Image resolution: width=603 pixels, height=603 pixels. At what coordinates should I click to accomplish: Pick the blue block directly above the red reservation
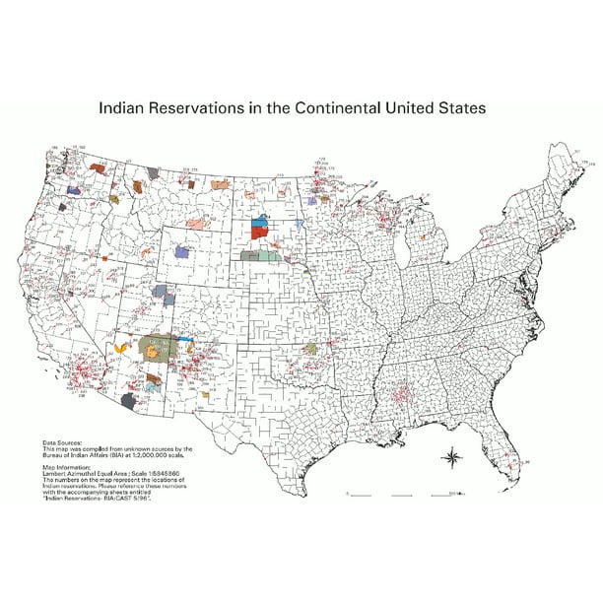pos(260,223)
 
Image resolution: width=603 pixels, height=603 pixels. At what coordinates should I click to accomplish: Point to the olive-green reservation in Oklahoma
pos(312,348)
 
